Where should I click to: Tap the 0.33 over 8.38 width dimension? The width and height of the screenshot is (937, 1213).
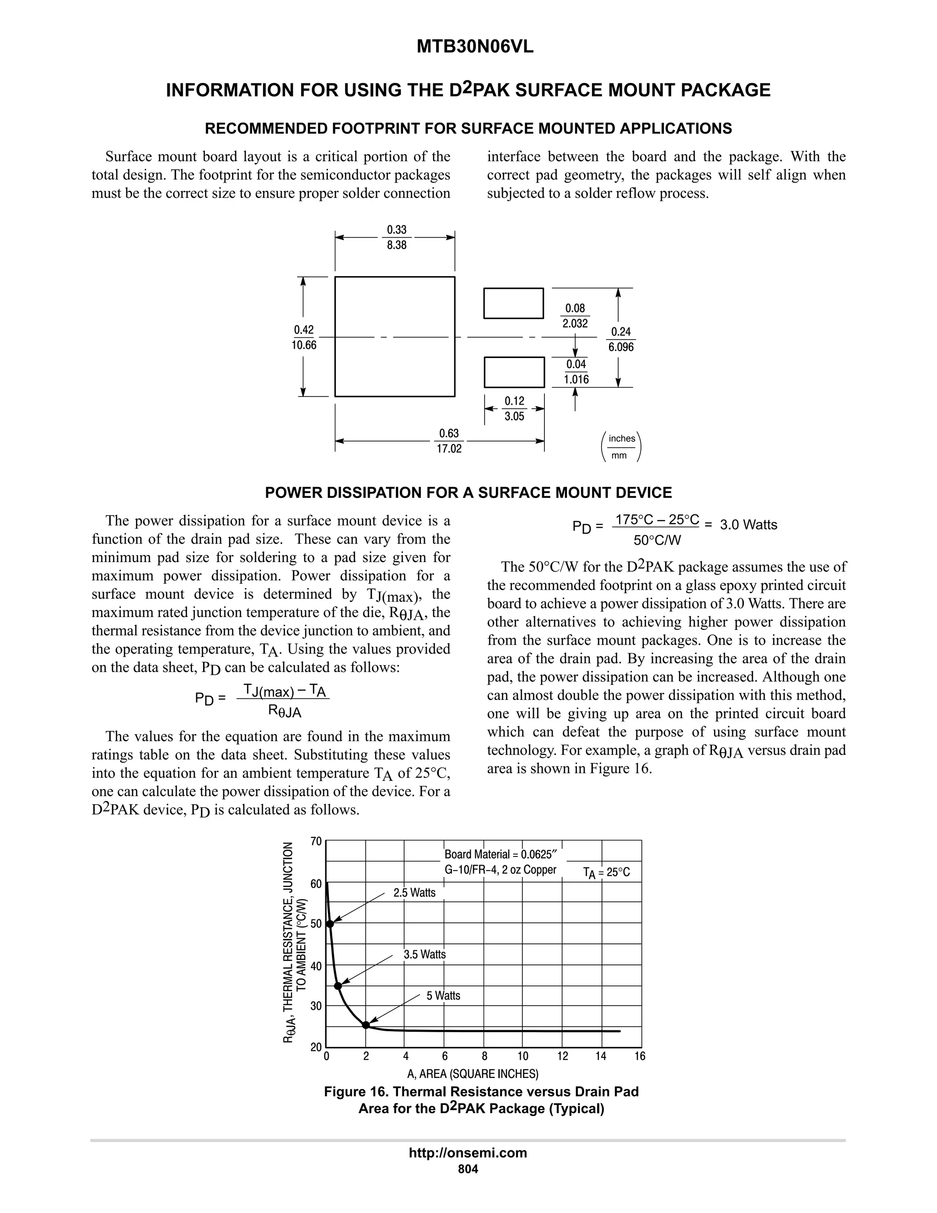pyautogui.click(x=396, y=237)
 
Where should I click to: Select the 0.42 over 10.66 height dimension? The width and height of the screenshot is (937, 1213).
pyautogui.click(x=304, y=337)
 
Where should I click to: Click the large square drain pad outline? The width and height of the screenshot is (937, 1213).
pyautogui.click(x=395, y=336)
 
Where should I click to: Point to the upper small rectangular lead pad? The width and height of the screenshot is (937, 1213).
pyautogui.click(x=513, y=303)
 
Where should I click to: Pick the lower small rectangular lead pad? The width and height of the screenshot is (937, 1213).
pyautogui.click(x=514, y=372)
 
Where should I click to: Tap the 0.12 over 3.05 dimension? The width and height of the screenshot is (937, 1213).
pyautogui.click(x=514, y=409)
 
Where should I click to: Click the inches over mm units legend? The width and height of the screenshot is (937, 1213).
pyautogui.click(x=621, y=447)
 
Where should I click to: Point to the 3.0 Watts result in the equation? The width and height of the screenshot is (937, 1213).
pyautogui.click(x=748, y=525)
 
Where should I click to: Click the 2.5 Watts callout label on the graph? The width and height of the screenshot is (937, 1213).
pyautogui.click(x=415, y=893)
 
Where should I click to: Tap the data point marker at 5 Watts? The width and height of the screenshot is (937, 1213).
pyautogui.click(x=366, y=1025)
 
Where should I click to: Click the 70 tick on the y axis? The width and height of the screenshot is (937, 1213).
pyautogui.click(x=316, y=841)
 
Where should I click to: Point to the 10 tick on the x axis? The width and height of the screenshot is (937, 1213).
pyautogui.click(x=523, y=1056)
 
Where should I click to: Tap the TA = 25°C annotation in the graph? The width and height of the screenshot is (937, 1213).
pyautogui.click(x=606, y=872)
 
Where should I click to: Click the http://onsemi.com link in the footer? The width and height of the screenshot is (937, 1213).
pyautogui.click(x=468, y=1153)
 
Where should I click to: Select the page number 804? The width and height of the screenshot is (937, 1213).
pyautogui.click(x=468, y=1169)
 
